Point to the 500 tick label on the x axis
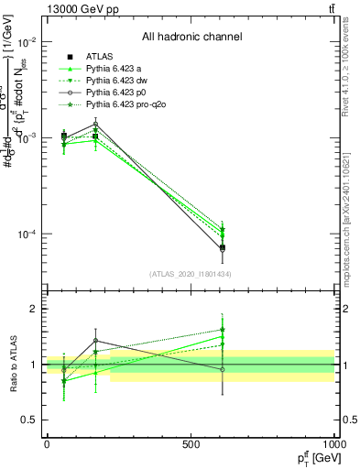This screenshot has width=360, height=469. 191,443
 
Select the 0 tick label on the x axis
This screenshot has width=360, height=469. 47,443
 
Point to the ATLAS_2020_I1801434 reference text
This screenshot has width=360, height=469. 191,274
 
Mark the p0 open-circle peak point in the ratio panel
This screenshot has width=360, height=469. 95,341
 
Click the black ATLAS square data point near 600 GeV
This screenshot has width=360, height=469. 223,247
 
